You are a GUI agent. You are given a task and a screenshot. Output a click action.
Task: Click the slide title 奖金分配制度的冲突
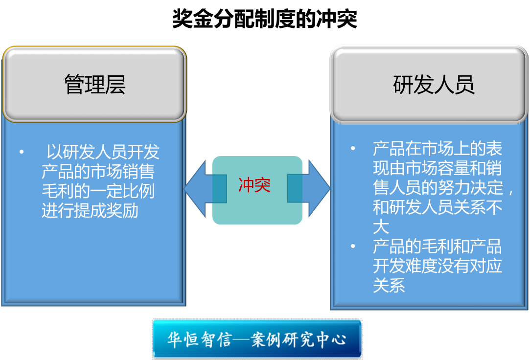(x=265, y=19)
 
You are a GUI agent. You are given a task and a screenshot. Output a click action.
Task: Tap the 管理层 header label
(x=95, y=85)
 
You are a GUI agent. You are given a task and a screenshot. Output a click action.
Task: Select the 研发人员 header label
(x=434, y=85)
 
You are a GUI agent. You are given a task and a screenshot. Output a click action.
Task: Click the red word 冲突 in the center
(x=254, y=185)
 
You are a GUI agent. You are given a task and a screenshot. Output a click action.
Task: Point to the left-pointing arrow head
(x=195, y=188)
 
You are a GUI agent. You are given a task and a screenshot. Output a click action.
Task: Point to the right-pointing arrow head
(x=319, y=188)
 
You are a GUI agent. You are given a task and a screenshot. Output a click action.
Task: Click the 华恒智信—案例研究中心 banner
(x=257, y=339)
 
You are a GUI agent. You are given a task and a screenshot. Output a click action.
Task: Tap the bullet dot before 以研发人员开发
(x=22, y=152)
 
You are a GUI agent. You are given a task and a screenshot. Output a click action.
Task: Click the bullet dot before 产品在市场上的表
(x=353, y=148)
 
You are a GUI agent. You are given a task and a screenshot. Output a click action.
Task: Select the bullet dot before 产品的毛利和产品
(x=353, y=246)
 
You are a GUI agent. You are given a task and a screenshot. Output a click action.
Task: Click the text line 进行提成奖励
(x=90, y=211)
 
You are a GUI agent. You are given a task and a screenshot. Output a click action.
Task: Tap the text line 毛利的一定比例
(x=98, y=191)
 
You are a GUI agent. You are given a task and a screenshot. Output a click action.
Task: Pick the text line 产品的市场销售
(x=98, y=172)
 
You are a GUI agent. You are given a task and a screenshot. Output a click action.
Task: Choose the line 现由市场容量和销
(x=438, y=168)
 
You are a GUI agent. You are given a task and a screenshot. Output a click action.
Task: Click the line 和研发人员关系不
(x=438, y=207)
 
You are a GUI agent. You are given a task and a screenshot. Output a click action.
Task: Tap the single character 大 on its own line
(x=381, y=226)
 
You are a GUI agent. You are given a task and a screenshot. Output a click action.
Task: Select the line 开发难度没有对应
(x=438, y=266)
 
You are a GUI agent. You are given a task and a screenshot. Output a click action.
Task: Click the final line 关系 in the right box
(x=389, y=285)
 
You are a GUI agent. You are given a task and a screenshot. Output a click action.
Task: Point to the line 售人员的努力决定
(x=443, y=187)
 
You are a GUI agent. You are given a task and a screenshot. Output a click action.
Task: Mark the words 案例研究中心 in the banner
(x=299, y=339)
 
